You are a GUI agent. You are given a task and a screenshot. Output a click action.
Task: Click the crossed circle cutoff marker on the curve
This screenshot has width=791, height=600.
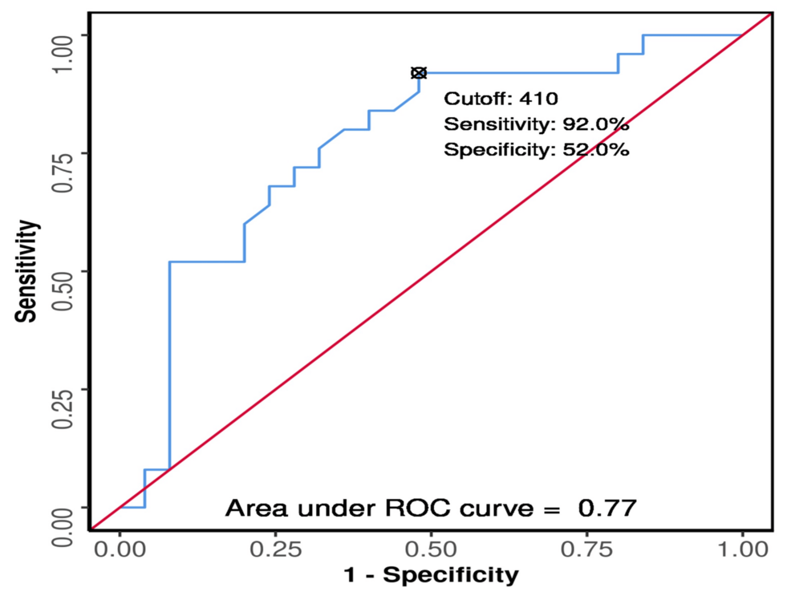418,73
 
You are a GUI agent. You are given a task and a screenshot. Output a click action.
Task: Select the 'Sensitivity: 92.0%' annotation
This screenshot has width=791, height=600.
536,124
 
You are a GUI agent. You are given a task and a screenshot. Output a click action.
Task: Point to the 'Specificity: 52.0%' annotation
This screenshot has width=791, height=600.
536,150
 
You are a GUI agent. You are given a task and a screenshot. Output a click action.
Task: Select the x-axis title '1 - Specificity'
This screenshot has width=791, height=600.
431,575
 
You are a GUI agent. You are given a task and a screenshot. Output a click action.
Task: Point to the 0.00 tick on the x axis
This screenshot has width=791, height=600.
120,549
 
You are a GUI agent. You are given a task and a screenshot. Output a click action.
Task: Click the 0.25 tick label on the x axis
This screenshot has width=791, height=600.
275,549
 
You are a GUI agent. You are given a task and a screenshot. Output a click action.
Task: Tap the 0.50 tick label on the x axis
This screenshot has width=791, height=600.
431,549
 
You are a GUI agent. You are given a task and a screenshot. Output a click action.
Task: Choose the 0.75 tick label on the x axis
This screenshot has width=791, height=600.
586,549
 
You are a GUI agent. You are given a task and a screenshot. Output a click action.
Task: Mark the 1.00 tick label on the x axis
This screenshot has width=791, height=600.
742,549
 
